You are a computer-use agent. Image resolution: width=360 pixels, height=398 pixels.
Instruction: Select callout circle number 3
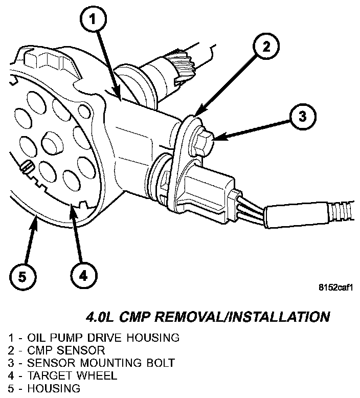coord(302,117)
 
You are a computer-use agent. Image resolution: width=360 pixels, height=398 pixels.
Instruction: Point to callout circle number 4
coord(84,277)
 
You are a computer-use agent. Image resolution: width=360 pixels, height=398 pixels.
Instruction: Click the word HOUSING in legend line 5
coord(54,388)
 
